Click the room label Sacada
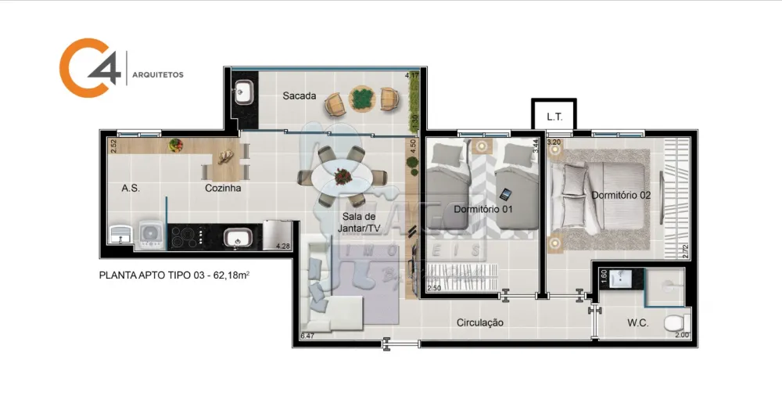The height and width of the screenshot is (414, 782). tap(300, 96)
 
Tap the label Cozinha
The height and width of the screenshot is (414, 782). tap(223, 189)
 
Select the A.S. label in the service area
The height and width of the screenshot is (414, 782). tap(131, 189)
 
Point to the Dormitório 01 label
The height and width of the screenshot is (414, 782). tap(482, 209)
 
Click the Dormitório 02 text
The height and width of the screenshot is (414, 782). tap(621, 195)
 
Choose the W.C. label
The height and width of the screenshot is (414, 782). tap(637, 322)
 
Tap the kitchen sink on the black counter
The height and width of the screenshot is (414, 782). tap(235, 236)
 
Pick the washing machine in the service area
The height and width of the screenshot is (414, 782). tap(149, 232)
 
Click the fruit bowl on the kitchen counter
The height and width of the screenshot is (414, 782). tap(175, 145)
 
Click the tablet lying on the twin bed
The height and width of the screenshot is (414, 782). tap(505, 194)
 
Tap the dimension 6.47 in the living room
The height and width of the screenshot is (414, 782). tap(308, 337)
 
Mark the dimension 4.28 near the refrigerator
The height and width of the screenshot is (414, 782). tap(282, 247)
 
